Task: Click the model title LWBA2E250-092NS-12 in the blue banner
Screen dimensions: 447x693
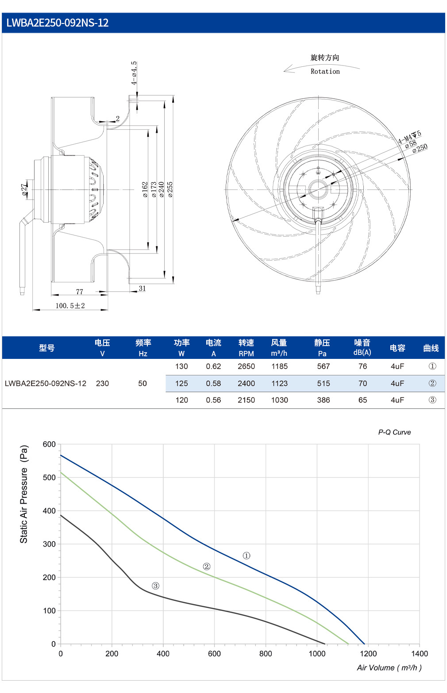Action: pos(58,23)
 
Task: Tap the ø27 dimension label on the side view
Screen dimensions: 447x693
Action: pos(24,190)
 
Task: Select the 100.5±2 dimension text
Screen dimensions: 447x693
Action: pos(70,306)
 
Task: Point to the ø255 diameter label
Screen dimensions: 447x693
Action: pos(170,189)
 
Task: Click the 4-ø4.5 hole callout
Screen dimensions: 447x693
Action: pos(134,73)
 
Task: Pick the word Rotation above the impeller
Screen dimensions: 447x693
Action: pos(325,71)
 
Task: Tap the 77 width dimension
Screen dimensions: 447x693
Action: pos(80,292)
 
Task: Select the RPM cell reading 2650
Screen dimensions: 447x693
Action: pos(246,366)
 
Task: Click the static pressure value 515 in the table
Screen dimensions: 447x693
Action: pos(323,383)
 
